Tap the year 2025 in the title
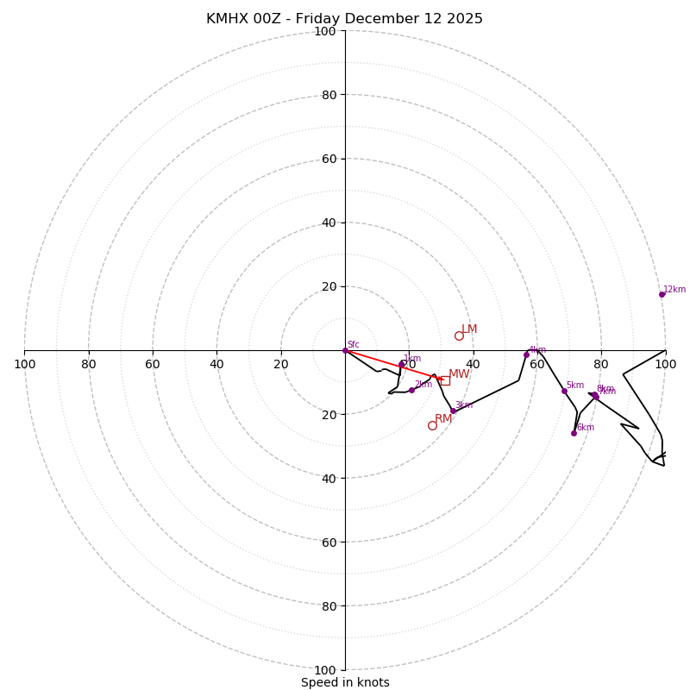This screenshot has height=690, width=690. pos(465,19)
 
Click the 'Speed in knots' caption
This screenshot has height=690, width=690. pos(345,682)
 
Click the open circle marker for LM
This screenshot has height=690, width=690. pos(459,336)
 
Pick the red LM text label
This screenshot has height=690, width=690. pos(469,329)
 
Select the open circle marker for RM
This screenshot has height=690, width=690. pos(432,425)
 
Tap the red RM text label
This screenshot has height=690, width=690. pos(443,419)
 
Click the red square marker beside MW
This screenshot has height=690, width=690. pos(445,379)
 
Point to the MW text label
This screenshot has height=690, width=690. pos(459,374)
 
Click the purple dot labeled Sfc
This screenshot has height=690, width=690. pos(345,350)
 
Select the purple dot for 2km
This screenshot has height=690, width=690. pos(411,390)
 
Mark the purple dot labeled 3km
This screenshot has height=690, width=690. pos(453,411)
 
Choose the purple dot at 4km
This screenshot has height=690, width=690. pos(526,354)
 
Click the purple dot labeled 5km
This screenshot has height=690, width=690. pos(564,391)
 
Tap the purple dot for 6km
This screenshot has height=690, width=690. pos(574,433)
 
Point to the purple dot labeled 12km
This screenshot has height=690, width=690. pos(662,294)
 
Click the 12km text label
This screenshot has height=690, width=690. pos(674,290)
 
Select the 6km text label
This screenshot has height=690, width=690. pos(586,428)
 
